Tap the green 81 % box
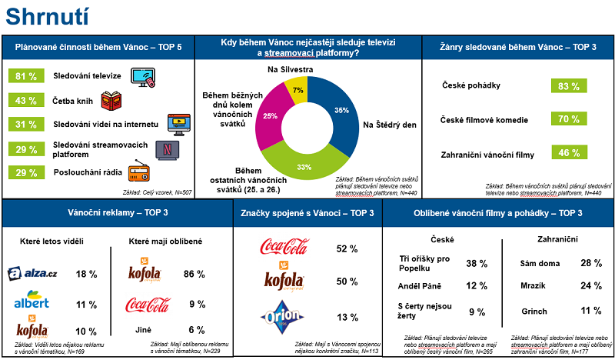coord(27,76)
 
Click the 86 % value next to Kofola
coord(193,274)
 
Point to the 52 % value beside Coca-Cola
coord(347,249)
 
